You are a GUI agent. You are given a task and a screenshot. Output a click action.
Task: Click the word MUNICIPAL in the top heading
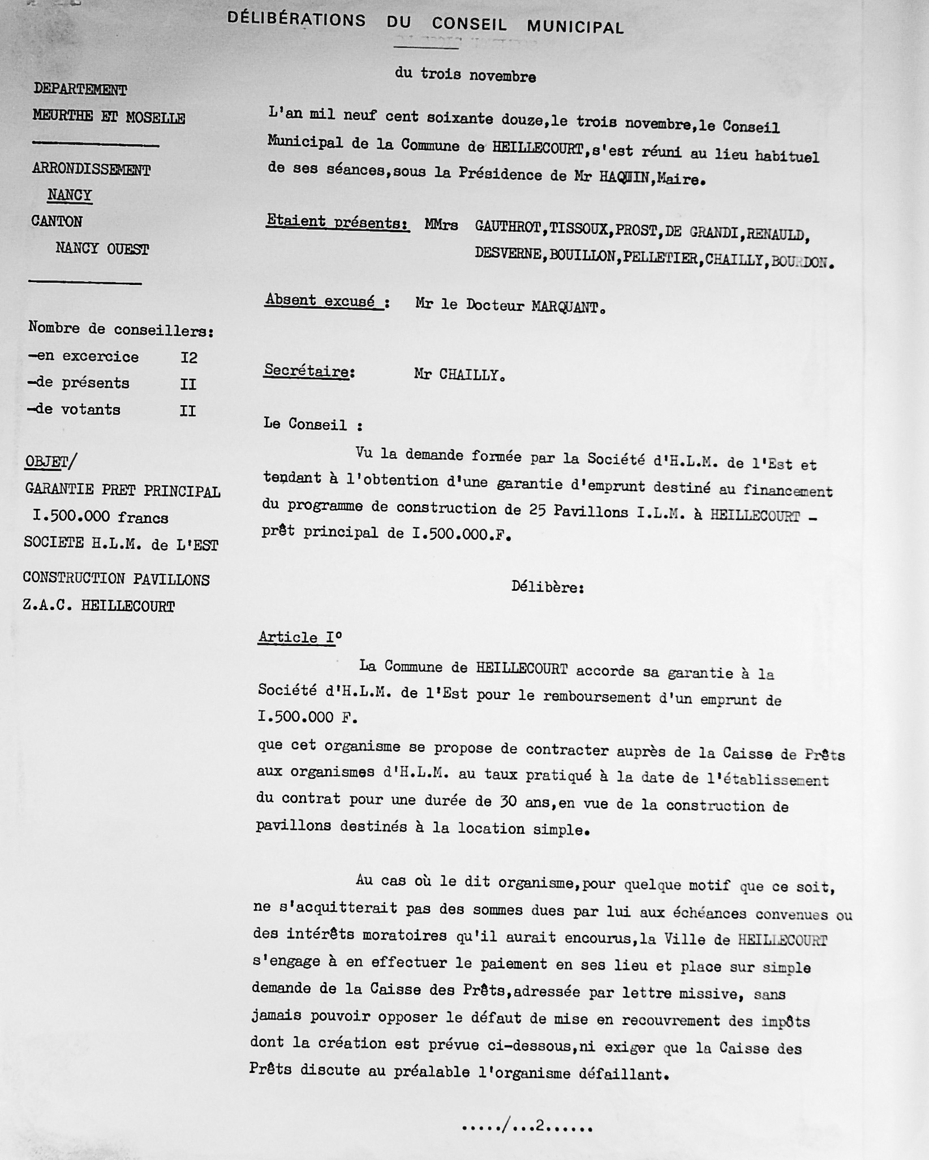(x=575, y=27)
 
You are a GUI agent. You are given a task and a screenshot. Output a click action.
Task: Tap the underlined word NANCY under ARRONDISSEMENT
(x=70, y=195)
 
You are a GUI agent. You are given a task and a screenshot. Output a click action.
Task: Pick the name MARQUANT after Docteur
(x=565, y=307)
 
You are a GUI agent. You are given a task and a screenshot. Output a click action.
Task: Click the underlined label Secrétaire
(x=309, y=371)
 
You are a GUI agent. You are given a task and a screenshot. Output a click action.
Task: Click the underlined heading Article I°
(x=300, y=637)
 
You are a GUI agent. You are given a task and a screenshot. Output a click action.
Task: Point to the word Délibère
(x=547, y=587)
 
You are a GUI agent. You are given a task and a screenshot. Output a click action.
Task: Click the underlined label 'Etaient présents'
(x=337, y=223)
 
